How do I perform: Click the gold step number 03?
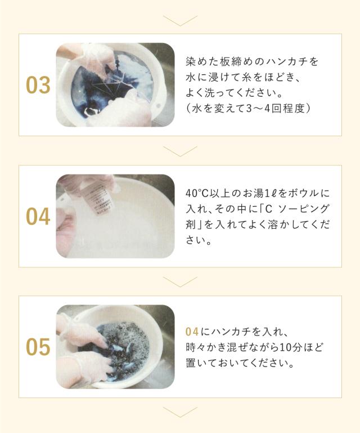pyautogui.click(x=38, y=85)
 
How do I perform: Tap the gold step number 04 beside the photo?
pyautogui.click(x=38, y=216)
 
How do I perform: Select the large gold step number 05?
pyautogui.click(x=38, y=347)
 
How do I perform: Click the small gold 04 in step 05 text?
pyautogui.click(x=192, y=332)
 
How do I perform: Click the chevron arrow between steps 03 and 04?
pyautogui.click(x=180, y=151)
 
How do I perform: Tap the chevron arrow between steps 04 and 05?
pyautogui.click(x=180, y=282)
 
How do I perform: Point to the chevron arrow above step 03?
pyautogui.click(x=180, y=21)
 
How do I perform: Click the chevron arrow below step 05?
pyautogui.click(x=180, y=412)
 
